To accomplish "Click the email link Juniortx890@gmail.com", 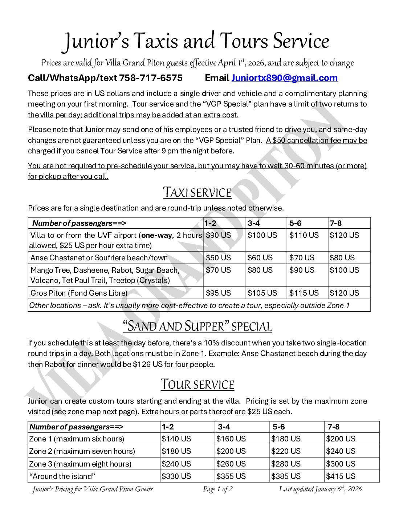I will [284, 78].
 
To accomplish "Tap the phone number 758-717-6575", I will [151, 78].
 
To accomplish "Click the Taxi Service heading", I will [197, 193].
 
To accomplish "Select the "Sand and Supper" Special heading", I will [197, 326].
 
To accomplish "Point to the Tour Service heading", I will [197, 385].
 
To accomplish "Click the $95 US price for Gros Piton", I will [218, 293].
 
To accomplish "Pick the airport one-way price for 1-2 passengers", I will [218, 235].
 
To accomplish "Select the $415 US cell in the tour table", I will [341, 476].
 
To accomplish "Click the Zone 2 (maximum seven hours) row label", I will [82, 451].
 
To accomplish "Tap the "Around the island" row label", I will [62, 476].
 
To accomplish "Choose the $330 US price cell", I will [176, 476].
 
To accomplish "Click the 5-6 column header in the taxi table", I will [295, 223].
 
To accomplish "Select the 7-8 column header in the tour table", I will [333, 427].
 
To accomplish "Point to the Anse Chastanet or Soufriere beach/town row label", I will [99, 258].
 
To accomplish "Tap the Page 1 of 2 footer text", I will [217, 489].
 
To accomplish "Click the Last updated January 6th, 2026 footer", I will [320, 489].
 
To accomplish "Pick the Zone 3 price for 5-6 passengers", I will [286, 464].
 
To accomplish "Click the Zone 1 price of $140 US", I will [176, 439].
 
